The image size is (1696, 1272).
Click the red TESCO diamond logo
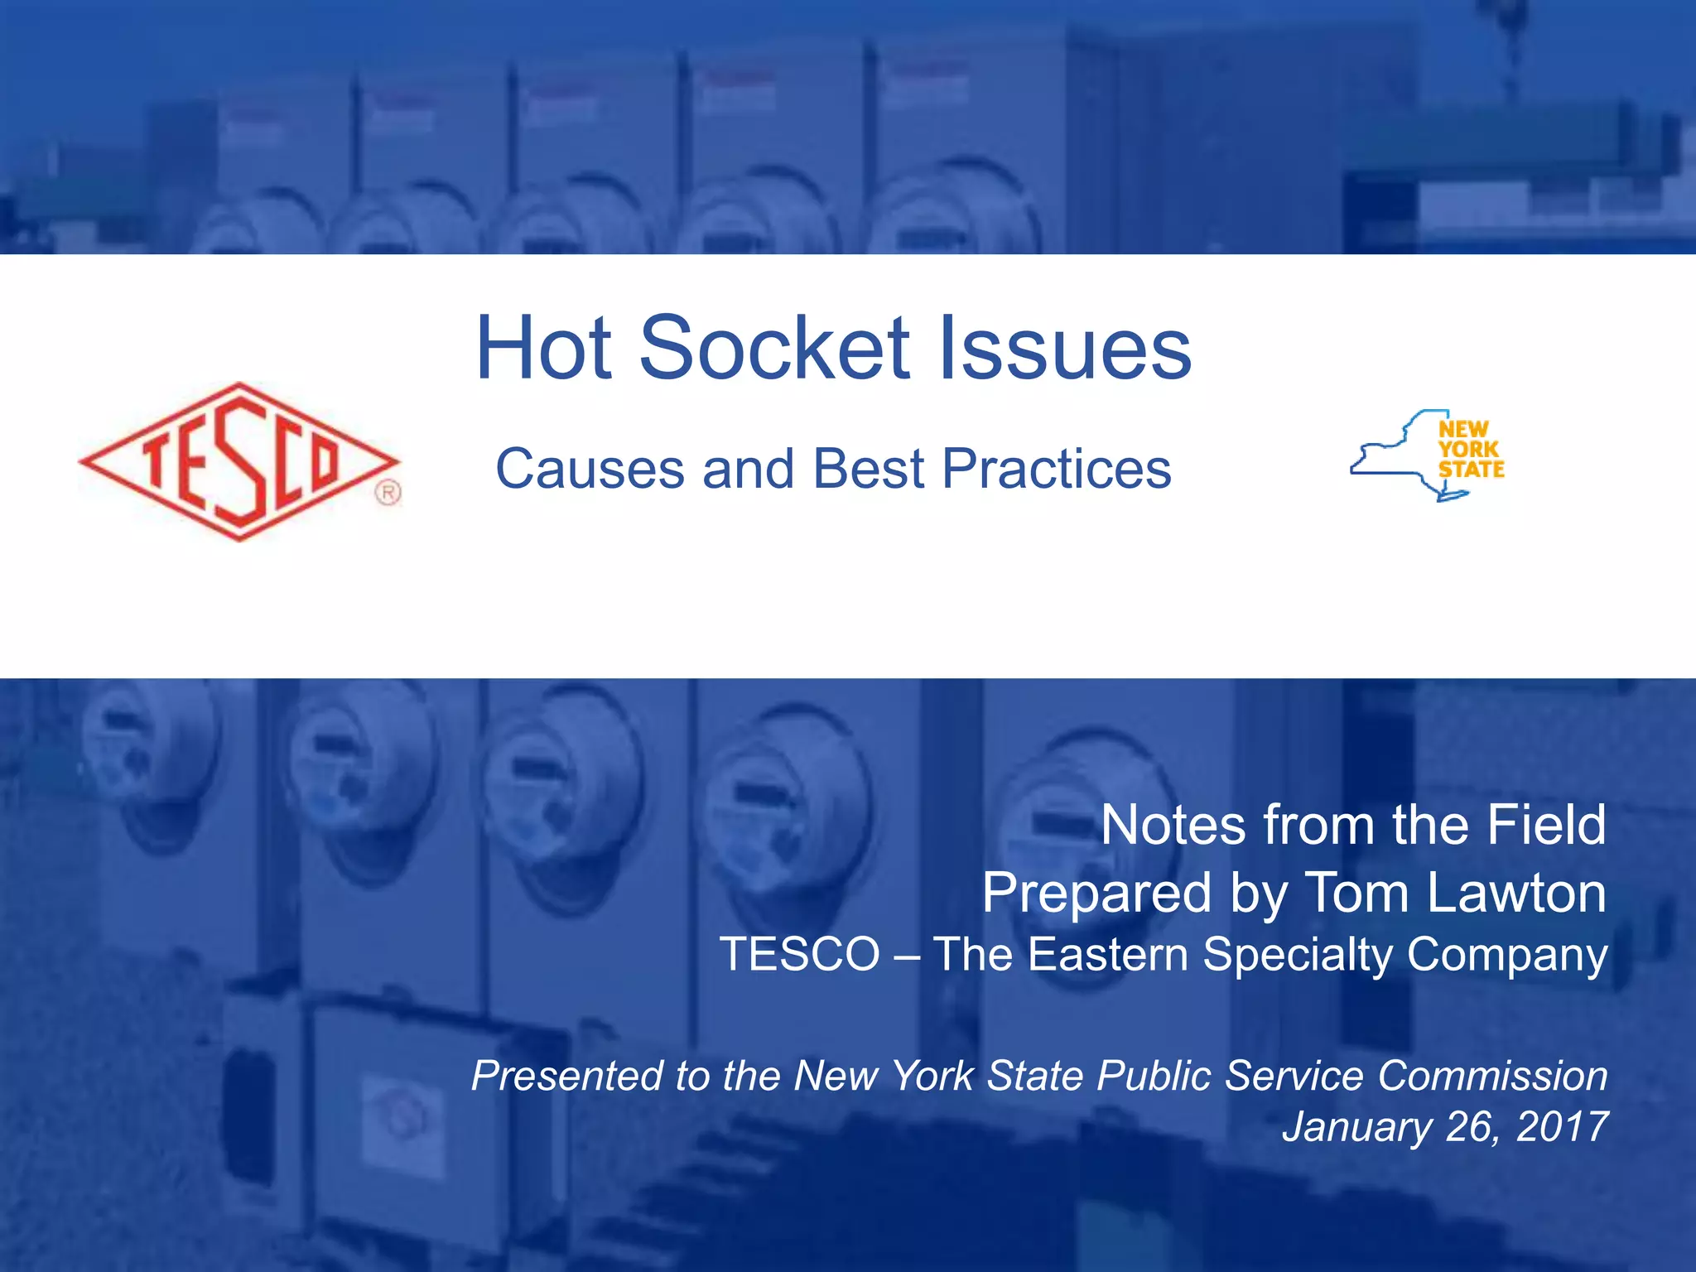(238, 461)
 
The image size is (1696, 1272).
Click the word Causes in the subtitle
(590, 469)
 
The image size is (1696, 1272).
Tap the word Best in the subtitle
(868, 469)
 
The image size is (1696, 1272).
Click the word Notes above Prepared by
(1173, 825)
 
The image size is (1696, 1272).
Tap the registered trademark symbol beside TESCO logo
(388, 493)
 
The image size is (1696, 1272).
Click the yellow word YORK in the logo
(1468, 450)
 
